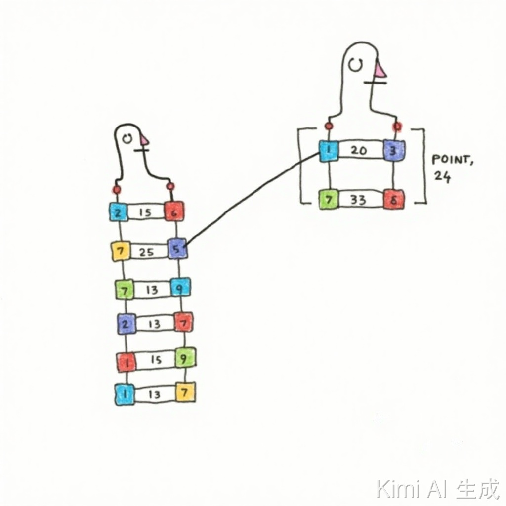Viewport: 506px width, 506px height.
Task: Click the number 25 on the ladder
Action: (x=146, y=252)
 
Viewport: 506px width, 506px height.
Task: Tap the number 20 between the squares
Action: (x=359, y=150)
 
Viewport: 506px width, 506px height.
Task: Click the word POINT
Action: (x=451, y=160)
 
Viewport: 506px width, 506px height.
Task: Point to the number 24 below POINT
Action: (x=442, y=176)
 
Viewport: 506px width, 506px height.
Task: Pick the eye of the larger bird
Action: (x=354, y=64)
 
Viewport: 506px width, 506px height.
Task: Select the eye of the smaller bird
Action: (x=127, y=139)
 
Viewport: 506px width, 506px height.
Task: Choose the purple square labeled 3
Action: (x=394, y=150)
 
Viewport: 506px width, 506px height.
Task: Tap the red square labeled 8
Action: (x=394, y=200)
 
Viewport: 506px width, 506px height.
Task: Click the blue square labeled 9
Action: (x=180, y=288)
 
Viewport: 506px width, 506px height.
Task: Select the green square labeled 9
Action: (x=185, y=358)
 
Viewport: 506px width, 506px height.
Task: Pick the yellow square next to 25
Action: (x=121, y=252)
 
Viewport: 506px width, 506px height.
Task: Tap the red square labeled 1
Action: (x=126, y=362)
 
